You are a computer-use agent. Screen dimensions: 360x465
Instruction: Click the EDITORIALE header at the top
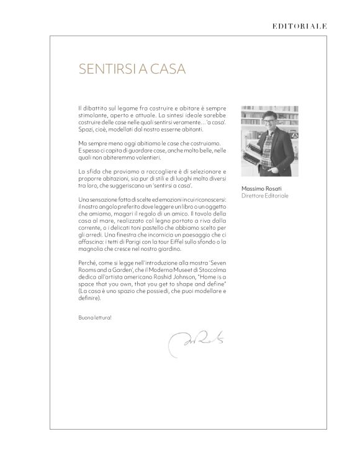[x=299, y=26]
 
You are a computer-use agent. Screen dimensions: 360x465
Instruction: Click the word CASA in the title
[x=168, y=68]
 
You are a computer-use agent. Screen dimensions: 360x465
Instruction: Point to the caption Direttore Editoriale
[x=265, y=196]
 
